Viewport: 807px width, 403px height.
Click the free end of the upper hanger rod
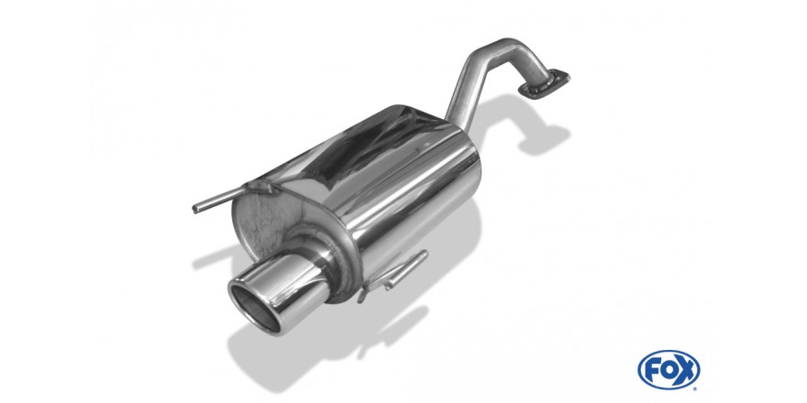[x=195, y=209]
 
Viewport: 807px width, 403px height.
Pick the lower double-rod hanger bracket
[x=393, y=275]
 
